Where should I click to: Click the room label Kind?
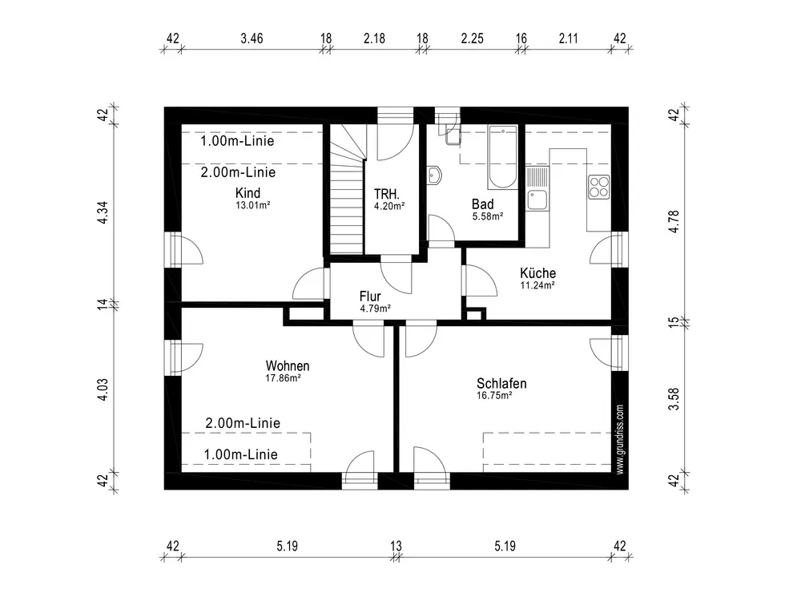coord(248,193)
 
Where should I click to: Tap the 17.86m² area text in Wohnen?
coord(283,378)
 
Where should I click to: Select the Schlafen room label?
coord(501,383)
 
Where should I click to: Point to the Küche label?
coord(538,273)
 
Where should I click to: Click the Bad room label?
coord(483,204)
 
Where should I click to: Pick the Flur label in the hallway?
coord(370,296)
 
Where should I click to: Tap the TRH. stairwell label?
coord(387,194)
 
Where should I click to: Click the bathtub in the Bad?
coord(503,157)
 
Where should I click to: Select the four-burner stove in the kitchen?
coord(598,187)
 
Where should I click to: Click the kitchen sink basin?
coord(537,200)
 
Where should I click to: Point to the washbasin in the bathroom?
coord(435,175)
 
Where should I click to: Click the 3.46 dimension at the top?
coord(252,38)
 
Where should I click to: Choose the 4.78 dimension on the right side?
coord(674,222)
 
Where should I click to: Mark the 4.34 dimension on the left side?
coord(103,212)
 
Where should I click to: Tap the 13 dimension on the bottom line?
coord(396,546)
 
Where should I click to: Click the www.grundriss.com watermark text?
coord(620,440)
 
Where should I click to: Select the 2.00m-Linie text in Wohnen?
coord(243,423)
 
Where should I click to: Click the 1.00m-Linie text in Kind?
coord(237,141)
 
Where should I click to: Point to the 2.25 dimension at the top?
coord(472,38)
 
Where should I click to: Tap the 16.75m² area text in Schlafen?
coord(494,396)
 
